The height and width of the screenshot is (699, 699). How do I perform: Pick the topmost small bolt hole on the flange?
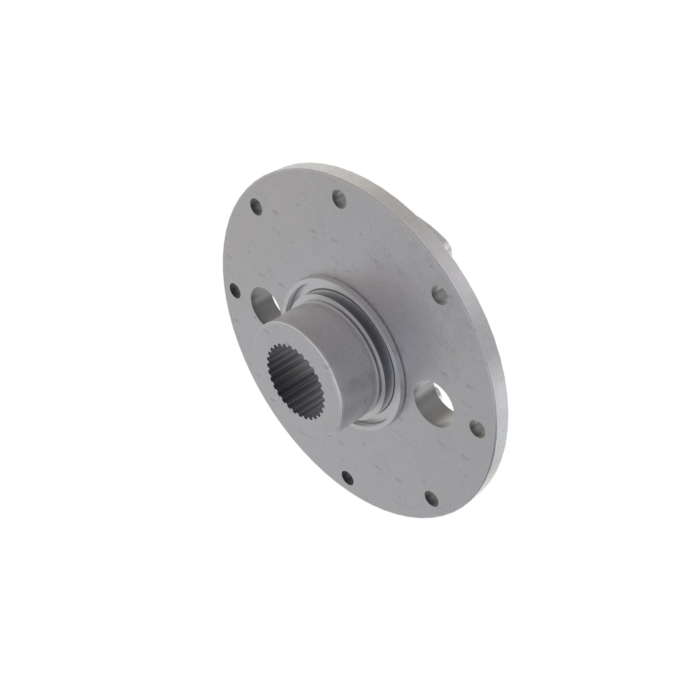coord(339,198)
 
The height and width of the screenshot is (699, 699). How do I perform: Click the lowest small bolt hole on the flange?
coord(430,497)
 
